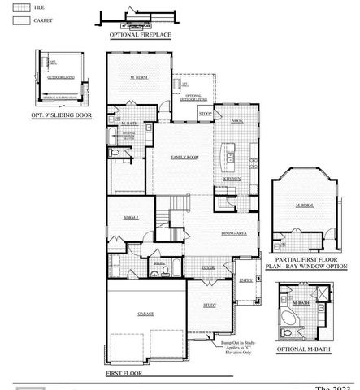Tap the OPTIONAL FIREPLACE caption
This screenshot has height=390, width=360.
click(139, 36)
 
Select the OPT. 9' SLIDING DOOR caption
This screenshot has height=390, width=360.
click(61, 115)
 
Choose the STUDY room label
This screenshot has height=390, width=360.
click(210, 306)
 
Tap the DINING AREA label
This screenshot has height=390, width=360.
click(235, 233)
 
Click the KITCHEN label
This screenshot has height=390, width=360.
click(232, 178)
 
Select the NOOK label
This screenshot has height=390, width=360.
click(237, 120)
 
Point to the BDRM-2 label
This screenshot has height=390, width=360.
click(130, 219)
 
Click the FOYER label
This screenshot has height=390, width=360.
click(208, 266)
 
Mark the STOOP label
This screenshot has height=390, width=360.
click(206, 115)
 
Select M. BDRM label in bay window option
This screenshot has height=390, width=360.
click(304, 206)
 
